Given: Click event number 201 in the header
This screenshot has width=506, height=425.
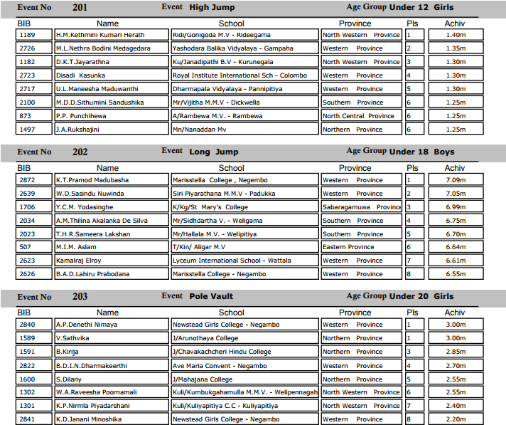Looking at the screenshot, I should pyautogui.click(x=81, y=7).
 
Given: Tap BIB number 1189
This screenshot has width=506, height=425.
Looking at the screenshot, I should pyautogui.click(x=26, y=35).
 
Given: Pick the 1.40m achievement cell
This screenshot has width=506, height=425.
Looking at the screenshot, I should pyautogui.click(x=455, y=35).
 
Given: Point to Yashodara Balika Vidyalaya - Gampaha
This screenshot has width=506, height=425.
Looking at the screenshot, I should pyautogui.click(x=237, y=48).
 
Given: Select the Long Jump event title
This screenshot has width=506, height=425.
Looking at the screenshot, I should pyautogui.click(x=214, y=152).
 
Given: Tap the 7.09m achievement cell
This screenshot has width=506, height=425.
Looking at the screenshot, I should pyautogui.click(x=455, y=180).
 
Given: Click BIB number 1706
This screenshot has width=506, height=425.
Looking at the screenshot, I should pyautogui.click(x=26, y=207).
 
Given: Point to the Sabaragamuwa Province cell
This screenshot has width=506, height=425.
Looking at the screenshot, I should pyautogui.click(x=362, y=207).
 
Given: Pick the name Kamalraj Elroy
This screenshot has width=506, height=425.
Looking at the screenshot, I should pyautogui.click(x=79, y=261).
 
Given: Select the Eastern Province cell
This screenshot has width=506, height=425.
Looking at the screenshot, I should pyautogui.click(x=348, y=247).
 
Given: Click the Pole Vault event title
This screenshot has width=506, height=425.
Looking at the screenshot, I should pyautogui.click(x=211, y=296).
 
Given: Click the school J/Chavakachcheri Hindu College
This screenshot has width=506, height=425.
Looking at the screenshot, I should pyautogui.click(x=222, y=352).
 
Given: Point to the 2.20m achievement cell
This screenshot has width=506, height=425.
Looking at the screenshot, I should pyautogui.click(x=455, y=419).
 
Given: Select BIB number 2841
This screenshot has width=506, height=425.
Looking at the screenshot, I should pyautogui.click(x=26, y=419).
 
